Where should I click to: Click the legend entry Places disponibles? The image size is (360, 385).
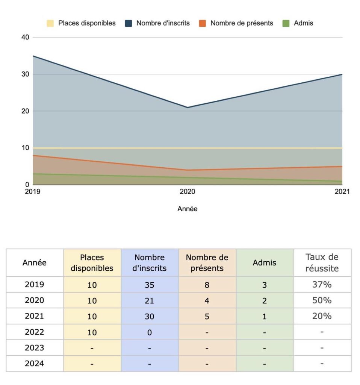pos(81,23)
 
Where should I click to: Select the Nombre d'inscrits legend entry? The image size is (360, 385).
pos(157,23)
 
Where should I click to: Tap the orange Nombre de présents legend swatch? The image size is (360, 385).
pos(202,23)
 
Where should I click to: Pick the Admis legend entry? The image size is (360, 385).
pos(298,23)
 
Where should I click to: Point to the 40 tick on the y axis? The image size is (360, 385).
pos(25,37)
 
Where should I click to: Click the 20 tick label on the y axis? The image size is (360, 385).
pos(25,111)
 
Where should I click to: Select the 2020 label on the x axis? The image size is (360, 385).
pos(187,191)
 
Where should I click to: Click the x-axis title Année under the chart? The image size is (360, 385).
pos(188,209)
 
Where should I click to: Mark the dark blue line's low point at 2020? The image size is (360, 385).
pos(188,107)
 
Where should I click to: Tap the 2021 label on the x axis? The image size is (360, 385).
pos(342,191)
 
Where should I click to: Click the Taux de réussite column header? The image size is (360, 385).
pos(322,263)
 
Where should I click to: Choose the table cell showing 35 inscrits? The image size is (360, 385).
pos(150,285)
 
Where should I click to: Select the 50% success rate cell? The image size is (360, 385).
pos(322,300)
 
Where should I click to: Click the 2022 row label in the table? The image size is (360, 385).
pos(34,332)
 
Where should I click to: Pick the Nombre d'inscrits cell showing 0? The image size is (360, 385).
pos(150,332)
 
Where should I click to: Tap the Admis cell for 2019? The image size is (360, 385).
pos(265,285)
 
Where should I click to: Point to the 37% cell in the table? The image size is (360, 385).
pos(322,285)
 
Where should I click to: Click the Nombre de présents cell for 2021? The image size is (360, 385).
pos(207,316)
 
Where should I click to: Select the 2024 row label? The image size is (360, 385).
pos(34,364)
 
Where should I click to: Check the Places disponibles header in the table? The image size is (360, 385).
pos(92,263)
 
